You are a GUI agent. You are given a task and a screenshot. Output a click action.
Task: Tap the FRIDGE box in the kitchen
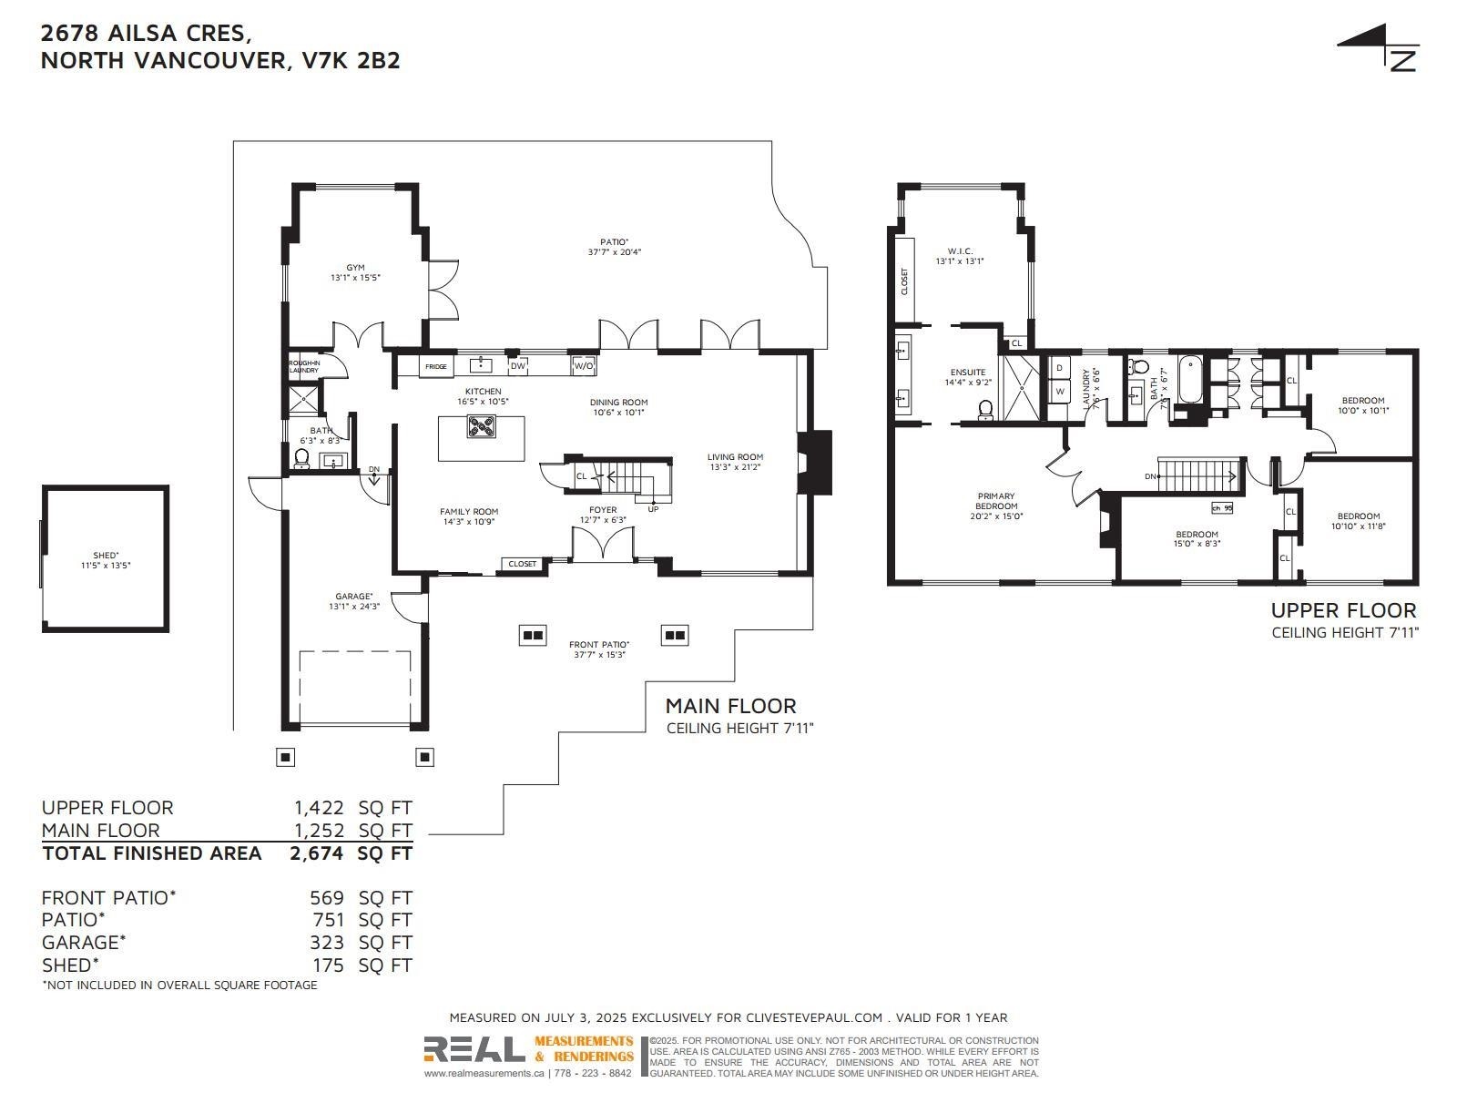click(436, 366)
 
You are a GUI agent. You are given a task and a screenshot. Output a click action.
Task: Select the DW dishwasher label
click(517, 366)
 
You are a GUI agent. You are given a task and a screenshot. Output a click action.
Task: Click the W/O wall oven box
click(583, 366)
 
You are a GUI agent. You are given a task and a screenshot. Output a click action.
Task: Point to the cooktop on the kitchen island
click(481, 426)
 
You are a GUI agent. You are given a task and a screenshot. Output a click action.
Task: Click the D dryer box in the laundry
click(1059, 368)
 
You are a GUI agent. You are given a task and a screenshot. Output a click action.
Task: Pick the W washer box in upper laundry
click(1059, 392)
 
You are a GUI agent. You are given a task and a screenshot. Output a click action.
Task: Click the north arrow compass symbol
click(1380, 48)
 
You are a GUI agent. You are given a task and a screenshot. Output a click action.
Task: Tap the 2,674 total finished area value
click(317, 853)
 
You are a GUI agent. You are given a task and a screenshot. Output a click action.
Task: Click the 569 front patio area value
click(327, 898)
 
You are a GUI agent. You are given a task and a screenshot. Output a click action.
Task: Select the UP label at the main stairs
click(653, 509)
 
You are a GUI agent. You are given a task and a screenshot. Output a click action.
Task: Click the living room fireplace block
click(815, 462)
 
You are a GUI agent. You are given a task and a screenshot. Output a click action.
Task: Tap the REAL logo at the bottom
click(474, 1050)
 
